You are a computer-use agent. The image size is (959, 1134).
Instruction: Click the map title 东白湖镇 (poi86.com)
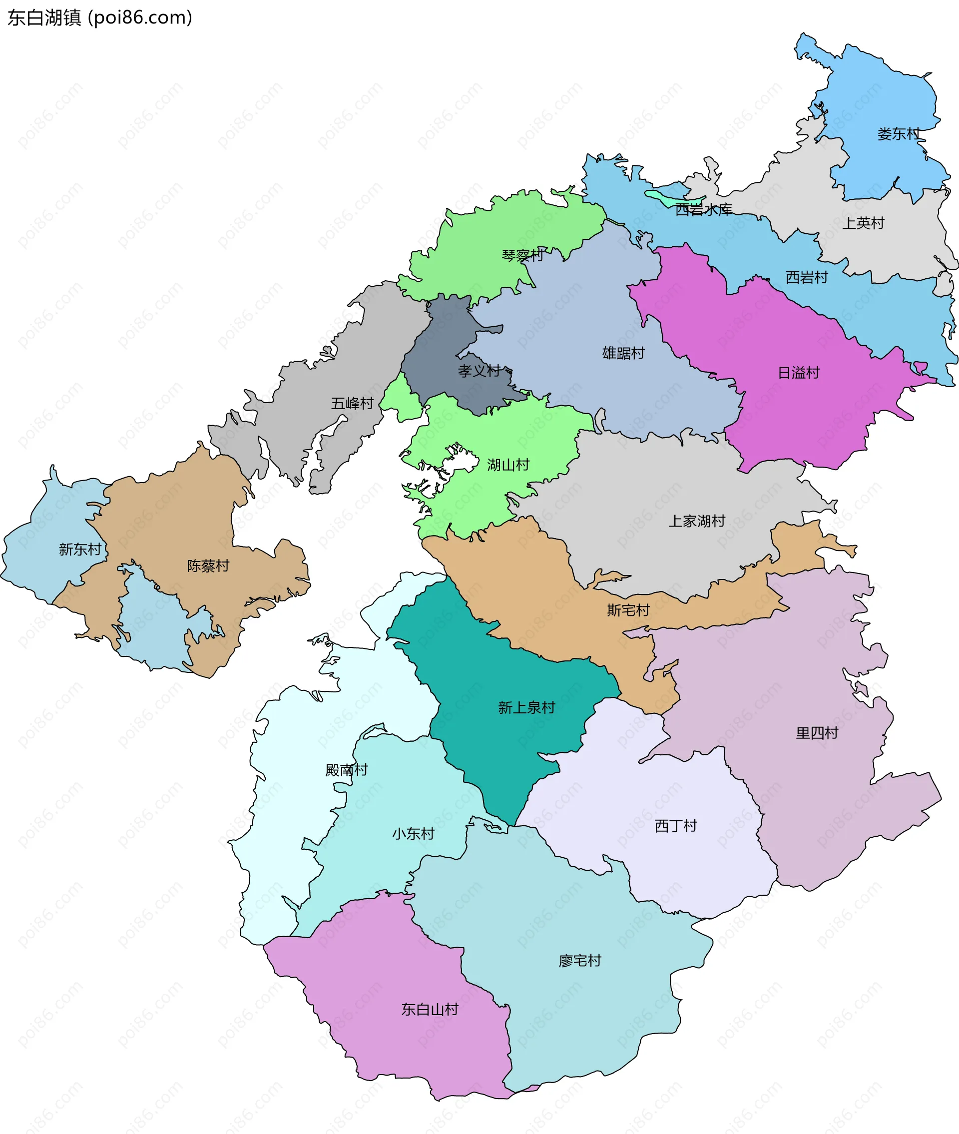click(99, 18)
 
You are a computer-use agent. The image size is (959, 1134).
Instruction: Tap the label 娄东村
click(898, 134)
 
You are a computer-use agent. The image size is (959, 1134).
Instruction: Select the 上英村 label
click(863, 223)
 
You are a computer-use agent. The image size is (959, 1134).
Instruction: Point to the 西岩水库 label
click(703, 210)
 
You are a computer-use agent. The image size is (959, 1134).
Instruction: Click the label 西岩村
click(807, 278)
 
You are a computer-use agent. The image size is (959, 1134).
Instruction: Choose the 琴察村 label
click(522, 255)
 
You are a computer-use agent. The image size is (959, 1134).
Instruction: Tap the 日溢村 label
click(798, 373)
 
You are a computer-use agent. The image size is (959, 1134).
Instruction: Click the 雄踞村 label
click(623, 353)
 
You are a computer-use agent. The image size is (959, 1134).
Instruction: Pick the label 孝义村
click(479, 371)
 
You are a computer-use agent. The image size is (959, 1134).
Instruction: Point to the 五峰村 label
click(352, 403)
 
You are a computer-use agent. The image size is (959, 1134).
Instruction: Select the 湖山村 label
click(508, 465)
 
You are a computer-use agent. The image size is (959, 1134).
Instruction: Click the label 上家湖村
click(696, 522)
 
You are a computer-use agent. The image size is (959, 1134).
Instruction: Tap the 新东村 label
click(80, 550)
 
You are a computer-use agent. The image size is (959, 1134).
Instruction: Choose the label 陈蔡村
click(208, 566)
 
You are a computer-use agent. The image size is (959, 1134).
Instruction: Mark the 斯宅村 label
click(628, 610)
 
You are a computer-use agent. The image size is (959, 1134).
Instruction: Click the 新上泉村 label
click(526, 708)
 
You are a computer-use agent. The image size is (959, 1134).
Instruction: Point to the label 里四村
click(817, 733)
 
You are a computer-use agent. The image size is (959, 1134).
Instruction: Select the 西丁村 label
click(675, 826)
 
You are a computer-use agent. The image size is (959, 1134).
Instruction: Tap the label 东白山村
click(430, 1010)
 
